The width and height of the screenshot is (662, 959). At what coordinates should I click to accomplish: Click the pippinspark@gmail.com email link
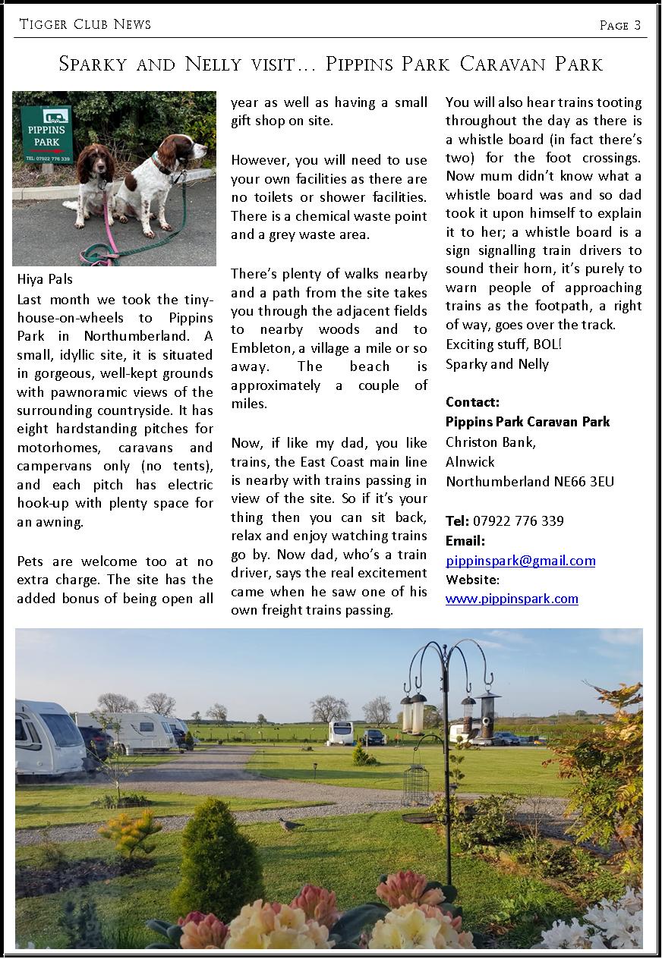[x=520, y=561]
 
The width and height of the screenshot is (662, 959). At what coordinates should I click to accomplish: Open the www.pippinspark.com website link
[x=512, y=599]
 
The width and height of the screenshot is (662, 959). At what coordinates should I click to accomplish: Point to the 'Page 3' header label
[x=619, y=25]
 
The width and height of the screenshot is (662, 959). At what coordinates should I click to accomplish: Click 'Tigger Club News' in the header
[x=85, y=24]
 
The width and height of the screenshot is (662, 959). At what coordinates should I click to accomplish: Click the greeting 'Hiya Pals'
[x=45, y=279]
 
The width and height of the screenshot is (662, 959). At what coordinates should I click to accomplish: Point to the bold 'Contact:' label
[x=472, y=402]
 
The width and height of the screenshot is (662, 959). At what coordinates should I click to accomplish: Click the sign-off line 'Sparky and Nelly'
[x=496, y=364]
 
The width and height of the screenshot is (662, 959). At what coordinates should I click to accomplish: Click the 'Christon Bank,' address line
[x=490, y=442]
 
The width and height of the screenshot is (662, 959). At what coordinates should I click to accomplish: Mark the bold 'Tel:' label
[x=457, y=521]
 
